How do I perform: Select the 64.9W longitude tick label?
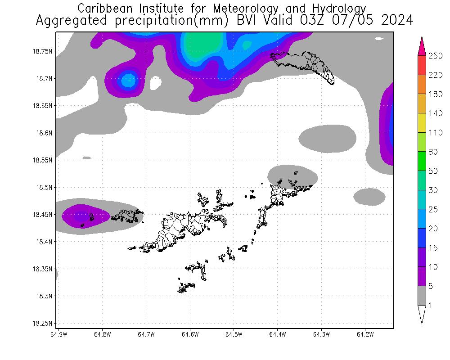[58, 334]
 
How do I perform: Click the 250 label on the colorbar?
[436, 56]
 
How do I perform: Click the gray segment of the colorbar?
[422, 296]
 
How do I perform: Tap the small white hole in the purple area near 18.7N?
[156, 82]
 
